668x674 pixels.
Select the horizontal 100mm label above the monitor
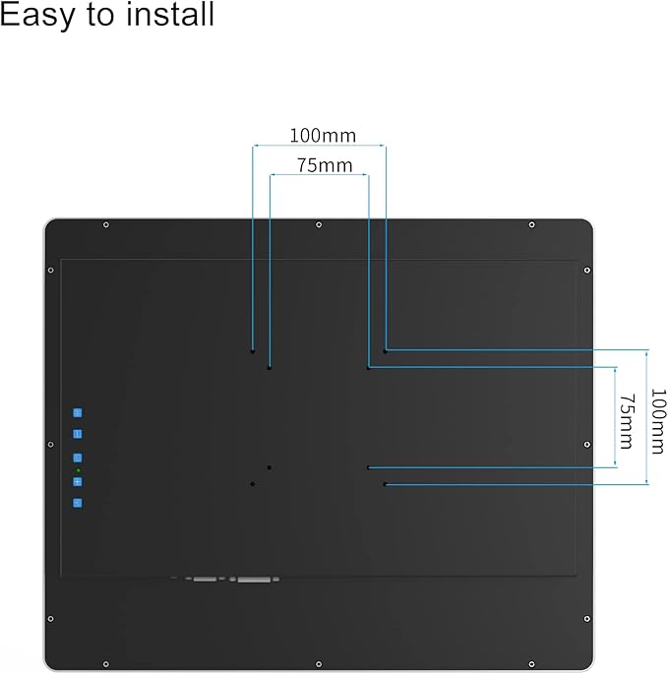323,136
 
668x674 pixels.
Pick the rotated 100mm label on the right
658,421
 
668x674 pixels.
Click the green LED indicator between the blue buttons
78,471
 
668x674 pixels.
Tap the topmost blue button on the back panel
78,413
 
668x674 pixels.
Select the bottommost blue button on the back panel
78,503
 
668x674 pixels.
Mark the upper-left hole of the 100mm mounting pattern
253,350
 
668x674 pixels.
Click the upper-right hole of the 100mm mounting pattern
386,350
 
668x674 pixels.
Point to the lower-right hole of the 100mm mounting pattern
385,484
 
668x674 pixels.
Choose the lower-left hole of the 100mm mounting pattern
253,484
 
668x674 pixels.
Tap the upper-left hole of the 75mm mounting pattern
269,368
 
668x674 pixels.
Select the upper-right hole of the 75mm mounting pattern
369,368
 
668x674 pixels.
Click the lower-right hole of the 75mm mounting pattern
369,467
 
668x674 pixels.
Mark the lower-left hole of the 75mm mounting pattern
269,467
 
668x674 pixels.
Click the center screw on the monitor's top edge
319,225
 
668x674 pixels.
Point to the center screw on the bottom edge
319,663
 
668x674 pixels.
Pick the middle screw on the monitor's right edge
587,445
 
